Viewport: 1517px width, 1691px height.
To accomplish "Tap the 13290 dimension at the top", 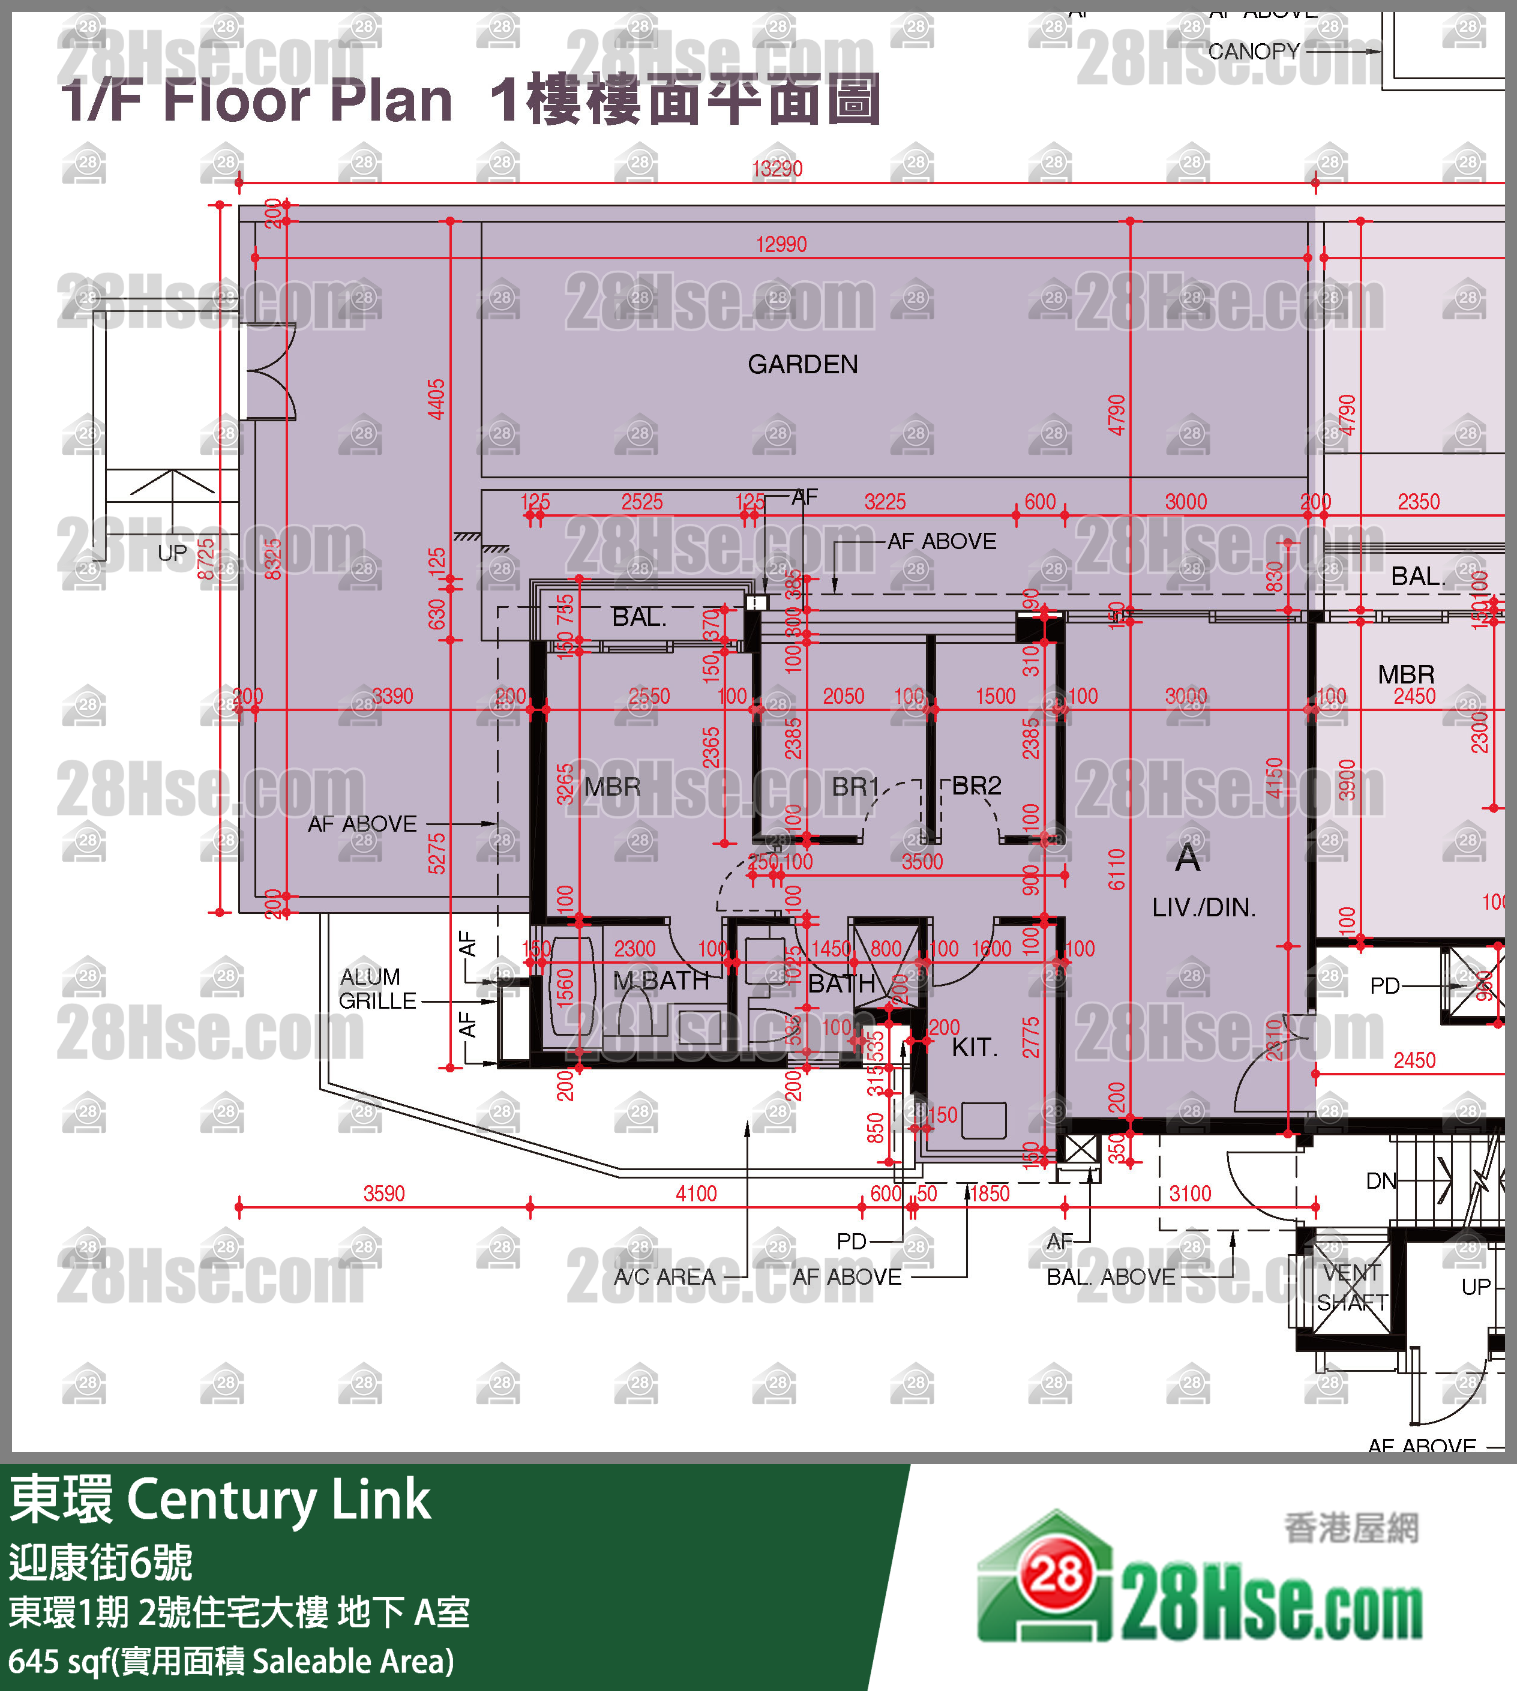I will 777,169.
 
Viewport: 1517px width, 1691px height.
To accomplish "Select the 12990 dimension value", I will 781,244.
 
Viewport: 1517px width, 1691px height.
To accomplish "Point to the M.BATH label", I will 660,981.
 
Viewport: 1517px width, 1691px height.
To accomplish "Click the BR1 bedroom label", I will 855,787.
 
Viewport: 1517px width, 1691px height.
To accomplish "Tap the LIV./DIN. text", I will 1203,907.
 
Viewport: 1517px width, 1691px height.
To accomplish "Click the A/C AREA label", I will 664,1277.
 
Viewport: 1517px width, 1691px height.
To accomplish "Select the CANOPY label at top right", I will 1253,52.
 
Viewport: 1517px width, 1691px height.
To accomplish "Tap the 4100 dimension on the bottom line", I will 696,1194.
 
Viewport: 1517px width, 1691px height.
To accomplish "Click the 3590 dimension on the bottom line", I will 383,1194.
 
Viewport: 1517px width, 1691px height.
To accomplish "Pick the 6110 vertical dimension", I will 1117,870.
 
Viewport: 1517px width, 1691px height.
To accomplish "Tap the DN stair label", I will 1380,1180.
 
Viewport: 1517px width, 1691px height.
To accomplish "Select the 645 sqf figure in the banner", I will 58,1661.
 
